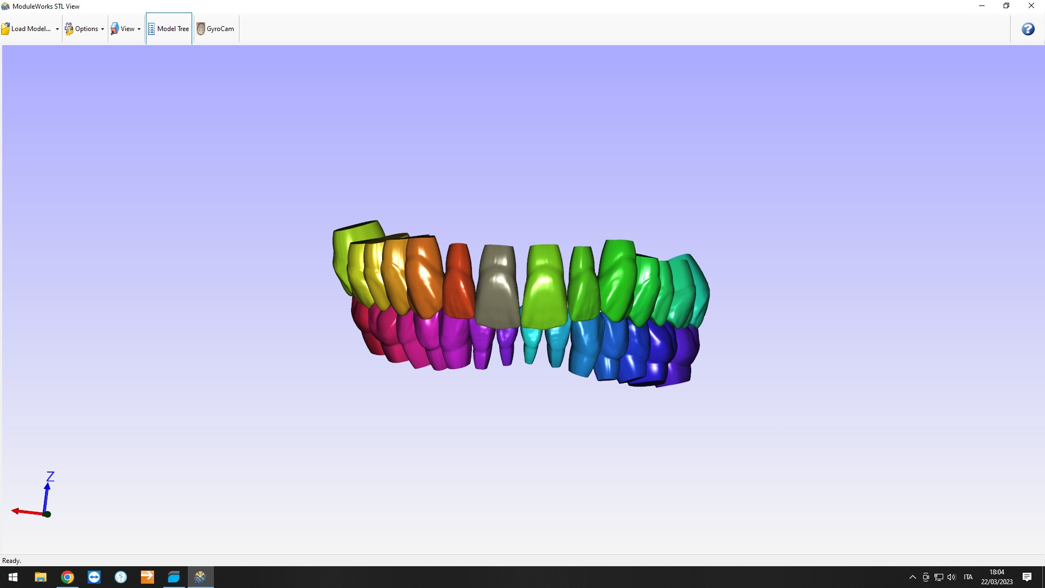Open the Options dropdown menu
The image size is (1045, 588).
(x=85, y=29)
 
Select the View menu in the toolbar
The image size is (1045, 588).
(x=126, y=29)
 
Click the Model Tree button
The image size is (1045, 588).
(x=169, y=29)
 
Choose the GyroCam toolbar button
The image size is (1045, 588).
(x=216, y=29)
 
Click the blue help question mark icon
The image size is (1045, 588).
(x=1028, y=29)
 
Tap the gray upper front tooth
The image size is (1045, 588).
(x=497, y=286)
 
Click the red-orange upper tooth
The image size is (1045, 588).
(x=459, y=280)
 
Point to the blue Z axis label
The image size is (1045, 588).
(x=50, y=476)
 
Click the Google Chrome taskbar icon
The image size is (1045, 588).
(x=67, y=577)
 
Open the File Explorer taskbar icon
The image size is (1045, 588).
(x=41, y=577)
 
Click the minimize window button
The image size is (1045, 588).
(x=982, y=6)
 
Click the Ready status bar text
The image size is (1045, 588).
(x=11, y=561)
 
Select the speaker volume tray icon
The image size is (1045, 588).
(x=951, y=577)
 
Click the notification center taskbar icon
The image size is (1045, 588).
(x=1027, y=577)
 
